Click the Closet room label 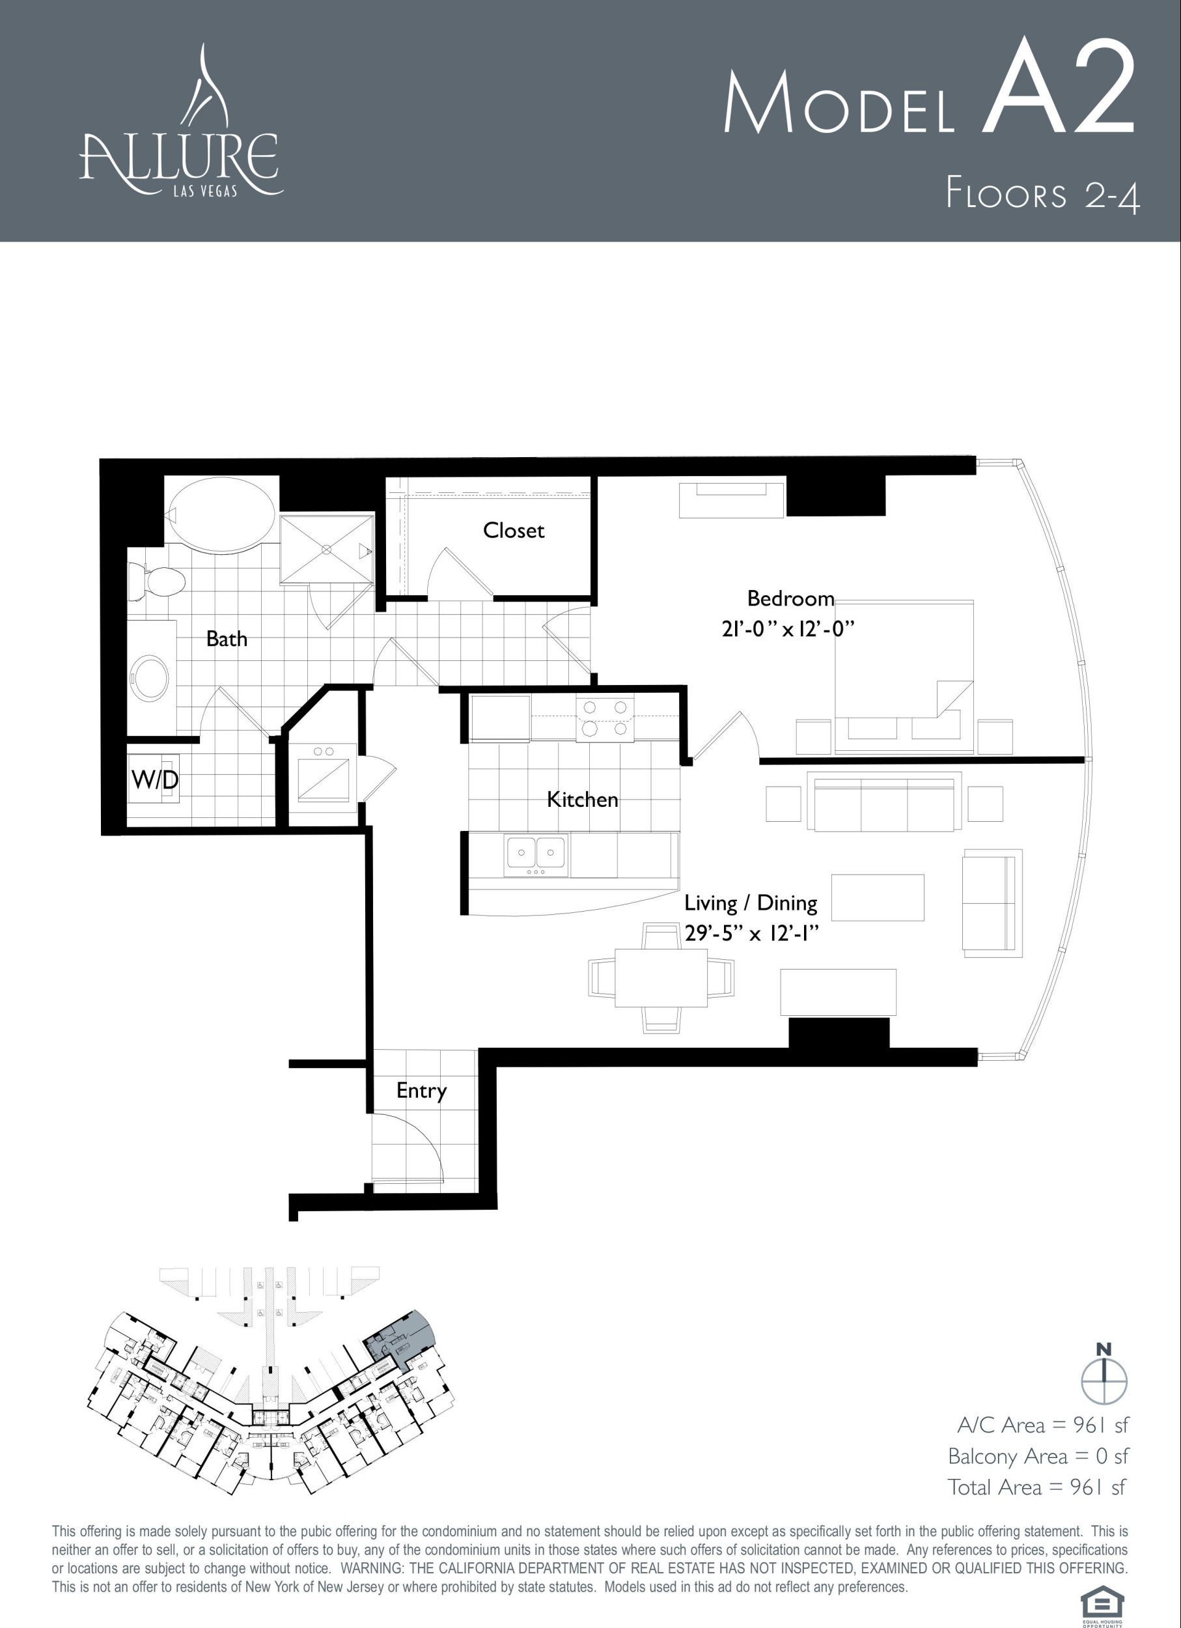[513, 531]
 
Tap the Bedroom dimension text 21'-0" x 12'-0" [788, 630]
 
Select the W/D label [155, 779]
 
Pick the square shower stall [326, 549]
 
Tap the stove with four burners [605, 718]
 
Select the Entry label [421, 1091]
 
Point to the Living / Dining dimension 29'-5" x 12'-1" [751, 933]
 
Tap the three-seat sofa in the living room [884, 801]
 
